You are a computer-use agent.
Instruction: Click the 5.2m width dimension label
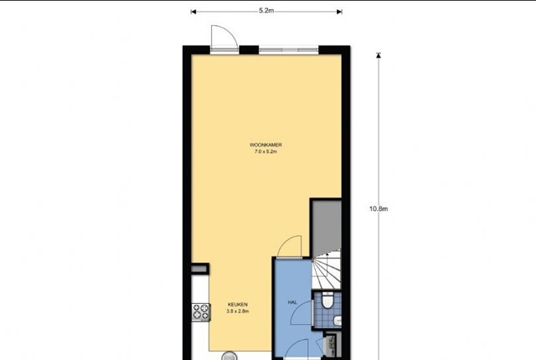[266, 11]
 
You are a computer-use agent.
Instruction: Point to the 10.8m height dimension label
[379, 208]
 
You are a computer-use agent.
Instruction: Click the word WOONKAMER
[265, 145]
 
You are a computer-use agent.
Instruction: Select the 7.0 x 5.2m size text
[265, 152]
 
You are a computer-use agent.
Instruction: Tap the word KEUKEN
[238, 305]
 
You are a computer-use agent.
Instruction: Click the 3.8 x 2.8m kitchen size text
[238, 311]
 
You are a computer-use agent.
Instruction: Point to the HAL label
[292, 302]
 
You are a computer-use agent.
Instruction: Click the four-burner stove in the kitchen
[201, 312]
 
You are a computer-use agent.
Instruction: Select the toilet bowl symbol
[327, 301]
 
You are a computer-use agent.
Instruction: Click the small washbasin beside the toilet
[338, 321]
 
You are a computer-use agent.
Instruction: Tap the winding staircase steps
[327, 269]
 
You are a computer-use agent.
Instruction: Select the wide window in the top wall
[288, 50]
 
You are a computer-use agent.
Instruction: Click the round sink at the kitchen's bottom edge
[229, 357]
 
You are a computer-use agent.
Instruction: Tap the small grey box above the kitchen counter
[199, 269]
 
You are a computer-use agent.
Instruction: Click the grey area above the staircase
[327, 225]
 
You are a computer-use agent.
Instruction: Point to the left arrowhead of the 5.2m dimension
[193, 12]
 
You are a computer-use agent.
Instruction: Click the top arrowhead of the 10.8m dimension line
[379, 55]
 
